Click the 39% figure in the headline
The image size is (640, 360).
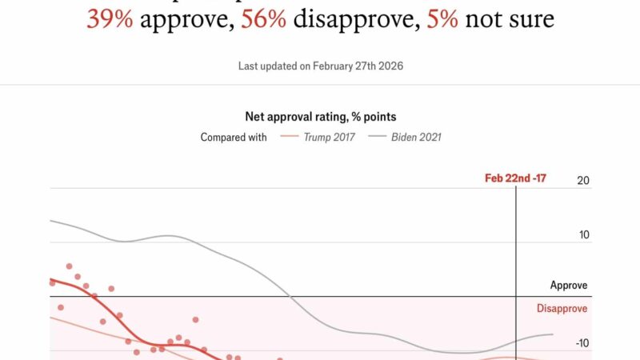tap(110, 18)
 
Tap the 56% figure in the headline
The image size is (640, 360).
tap(264, 18)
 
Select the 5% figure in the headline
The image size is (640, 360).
tap(442, 18)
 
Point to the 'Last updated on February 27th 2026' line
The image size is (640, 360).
tap(320, 66)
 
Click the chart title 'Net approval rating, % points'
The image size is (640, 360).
tap(320, 117)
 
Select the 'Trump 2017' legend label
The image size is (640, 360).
tap(330, 137)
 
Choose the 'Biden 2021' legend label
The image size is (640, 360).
tap(416, 137)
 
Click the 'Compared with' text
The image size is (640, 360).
tap(234, 137)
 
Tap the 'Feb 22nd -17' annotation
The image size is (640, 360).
tap(515, 178)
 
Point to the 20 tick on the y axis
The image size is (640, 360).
tap(582, 181)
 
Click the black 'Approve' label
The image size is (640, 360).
tap(568, 285)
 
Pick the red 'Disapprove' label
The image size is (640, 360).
tap(562, 309)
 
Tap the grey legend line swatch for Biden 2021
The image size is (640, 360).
tap(377, 137)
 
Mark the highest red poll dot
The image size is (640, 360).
tap(69, 266)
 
